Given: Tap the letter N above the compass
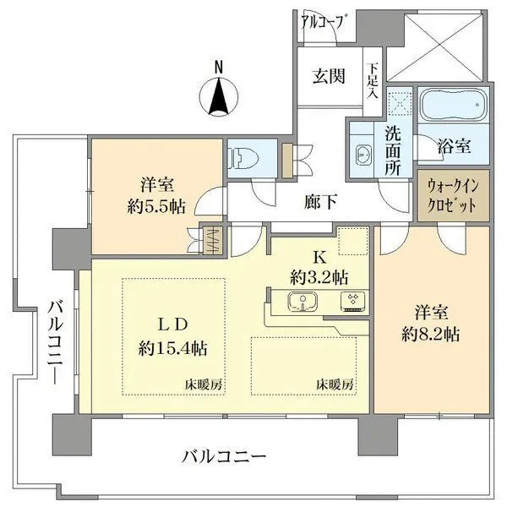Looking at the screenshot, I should tap(218, 67).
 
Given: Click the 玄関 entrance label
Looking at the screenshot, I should tap(329, 78).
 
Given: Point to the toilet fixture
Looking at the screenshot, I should tap(243, 156).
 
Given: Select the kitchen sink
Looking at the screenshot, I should tap(302, 300).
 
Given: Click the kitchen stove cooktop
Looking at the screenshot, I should tap(352, 300).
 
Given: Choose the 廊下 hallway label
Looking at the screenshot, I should tap(322, 202).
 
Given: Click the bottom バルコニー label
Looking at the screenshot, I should tap(225, 457).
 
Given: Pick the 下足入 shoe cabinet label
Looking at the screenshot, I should tap(373, 80).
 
